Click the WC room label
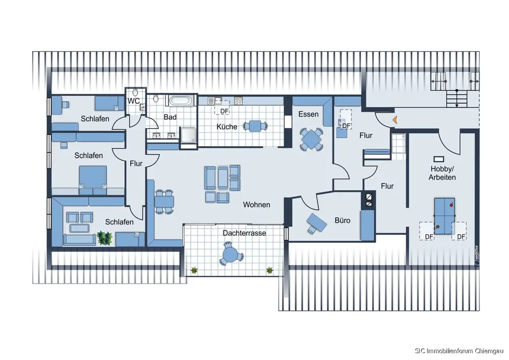tap(133, 101)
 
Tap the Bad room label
tap(170, 117)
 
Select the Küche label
tap(227, 127)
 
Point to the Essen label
tap(308, 114)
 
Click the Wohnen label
tap(257, 205)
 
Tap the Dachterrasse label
tap(244, 233)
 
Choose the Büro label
tap(343, 220)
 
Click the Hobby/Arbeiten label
tap(442, 173)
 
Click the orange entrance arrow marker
tap(395, 120)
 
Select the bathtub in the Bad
tap(181, 100)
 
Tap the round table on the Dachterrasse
tap(230, 254)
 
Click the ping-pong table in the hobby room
tap(444, 216)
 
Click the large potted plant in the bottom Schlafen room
tap(104, 238)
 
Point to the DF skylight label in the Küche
tap(224, 111)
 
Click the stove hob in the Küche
tap(238, 101)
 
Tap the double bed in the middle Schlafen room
tap(93, 180)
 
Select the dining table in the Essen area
tap(312, 140)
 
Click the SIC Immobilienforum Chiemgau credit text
tap(459, 351)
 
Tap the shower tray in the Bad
tap(189, 135)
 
